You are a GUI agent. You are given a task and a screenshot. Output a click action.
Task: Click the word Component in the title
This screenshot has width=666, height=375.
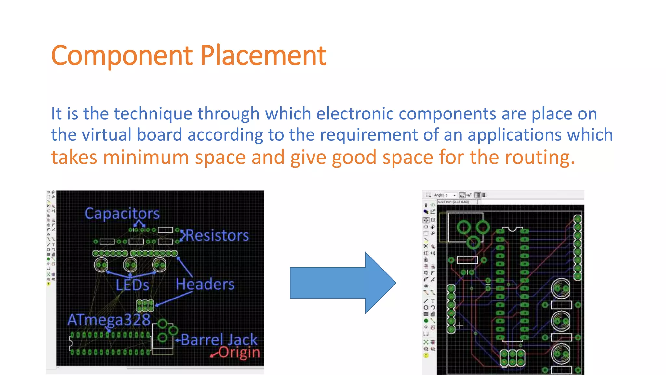pos(122,56)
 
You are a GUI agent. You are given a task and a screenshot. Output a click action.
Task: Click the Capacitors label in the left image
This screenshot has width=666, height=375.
pos(122,214)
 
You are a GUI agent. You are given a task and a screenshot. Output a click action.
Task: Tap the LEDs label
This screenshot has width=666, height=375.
pos(132,285)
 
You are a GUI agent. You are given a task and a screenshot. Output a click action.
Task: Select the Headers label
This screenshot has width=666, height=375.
pos(205,284)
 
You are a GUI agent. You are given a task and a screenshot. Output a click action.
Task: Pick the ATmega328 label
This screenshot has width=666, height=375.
pos(109,320)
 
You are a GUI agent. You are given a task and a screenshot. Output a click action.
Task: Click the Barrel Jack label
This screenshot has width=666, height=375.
pos(219,340)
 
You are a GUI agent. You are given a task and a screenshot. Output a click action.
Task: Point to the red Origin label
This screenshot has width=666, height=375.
pos(239,353)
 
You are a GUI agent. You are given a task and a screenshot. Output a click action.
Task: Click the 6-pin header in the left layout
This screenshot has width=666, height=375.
pos(145,305)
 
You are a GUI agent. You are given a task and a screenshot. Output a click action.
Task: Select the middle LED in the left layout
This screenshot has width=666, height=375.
pos(130,265)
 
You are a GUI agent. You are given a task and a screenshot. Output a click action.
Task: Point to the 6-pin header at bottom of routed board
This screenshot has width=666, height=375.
pos(512,358)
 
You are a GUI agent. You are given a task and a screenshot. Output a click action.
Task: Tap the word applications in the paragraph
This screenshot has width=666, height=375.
pos(514,135)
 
